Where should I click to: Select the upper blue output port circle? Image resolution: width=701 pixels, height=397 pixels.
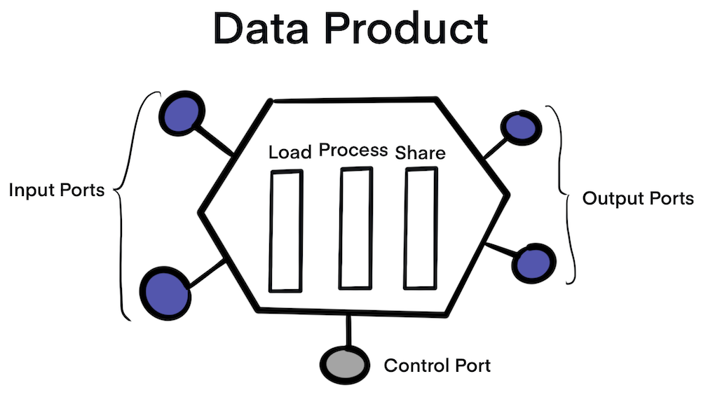(x=520, y=127)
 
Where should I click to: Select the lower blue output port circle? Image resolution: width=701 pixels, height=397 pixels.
(x=533, y=263)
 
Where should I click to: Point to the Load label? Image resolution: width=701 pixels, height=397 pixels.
(x=290, y=153)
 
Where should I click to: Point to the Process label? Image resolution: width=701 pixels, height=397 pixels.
(x=353, y=151)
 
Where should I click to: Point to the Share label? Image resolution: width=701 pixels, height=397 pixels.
(x=421, y=152)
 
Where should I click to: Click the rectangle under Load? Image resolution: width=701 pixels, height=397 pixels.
(x=287, y=230)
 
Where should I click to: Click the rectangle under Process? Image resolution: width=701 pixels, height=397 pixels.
(x=355, y=228)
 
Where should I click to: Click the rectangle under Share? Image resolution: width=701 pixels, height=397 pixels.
(x=421, y=228)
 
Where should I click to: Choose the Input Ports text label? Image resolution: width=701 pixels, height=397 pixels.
(x=56, y=190)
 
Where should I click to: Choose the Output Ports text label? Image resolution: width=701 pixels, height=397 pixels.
(x=638, y=198)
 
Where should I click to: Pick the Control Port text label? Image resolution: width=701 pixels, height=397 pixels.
(x=437, y=365)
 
